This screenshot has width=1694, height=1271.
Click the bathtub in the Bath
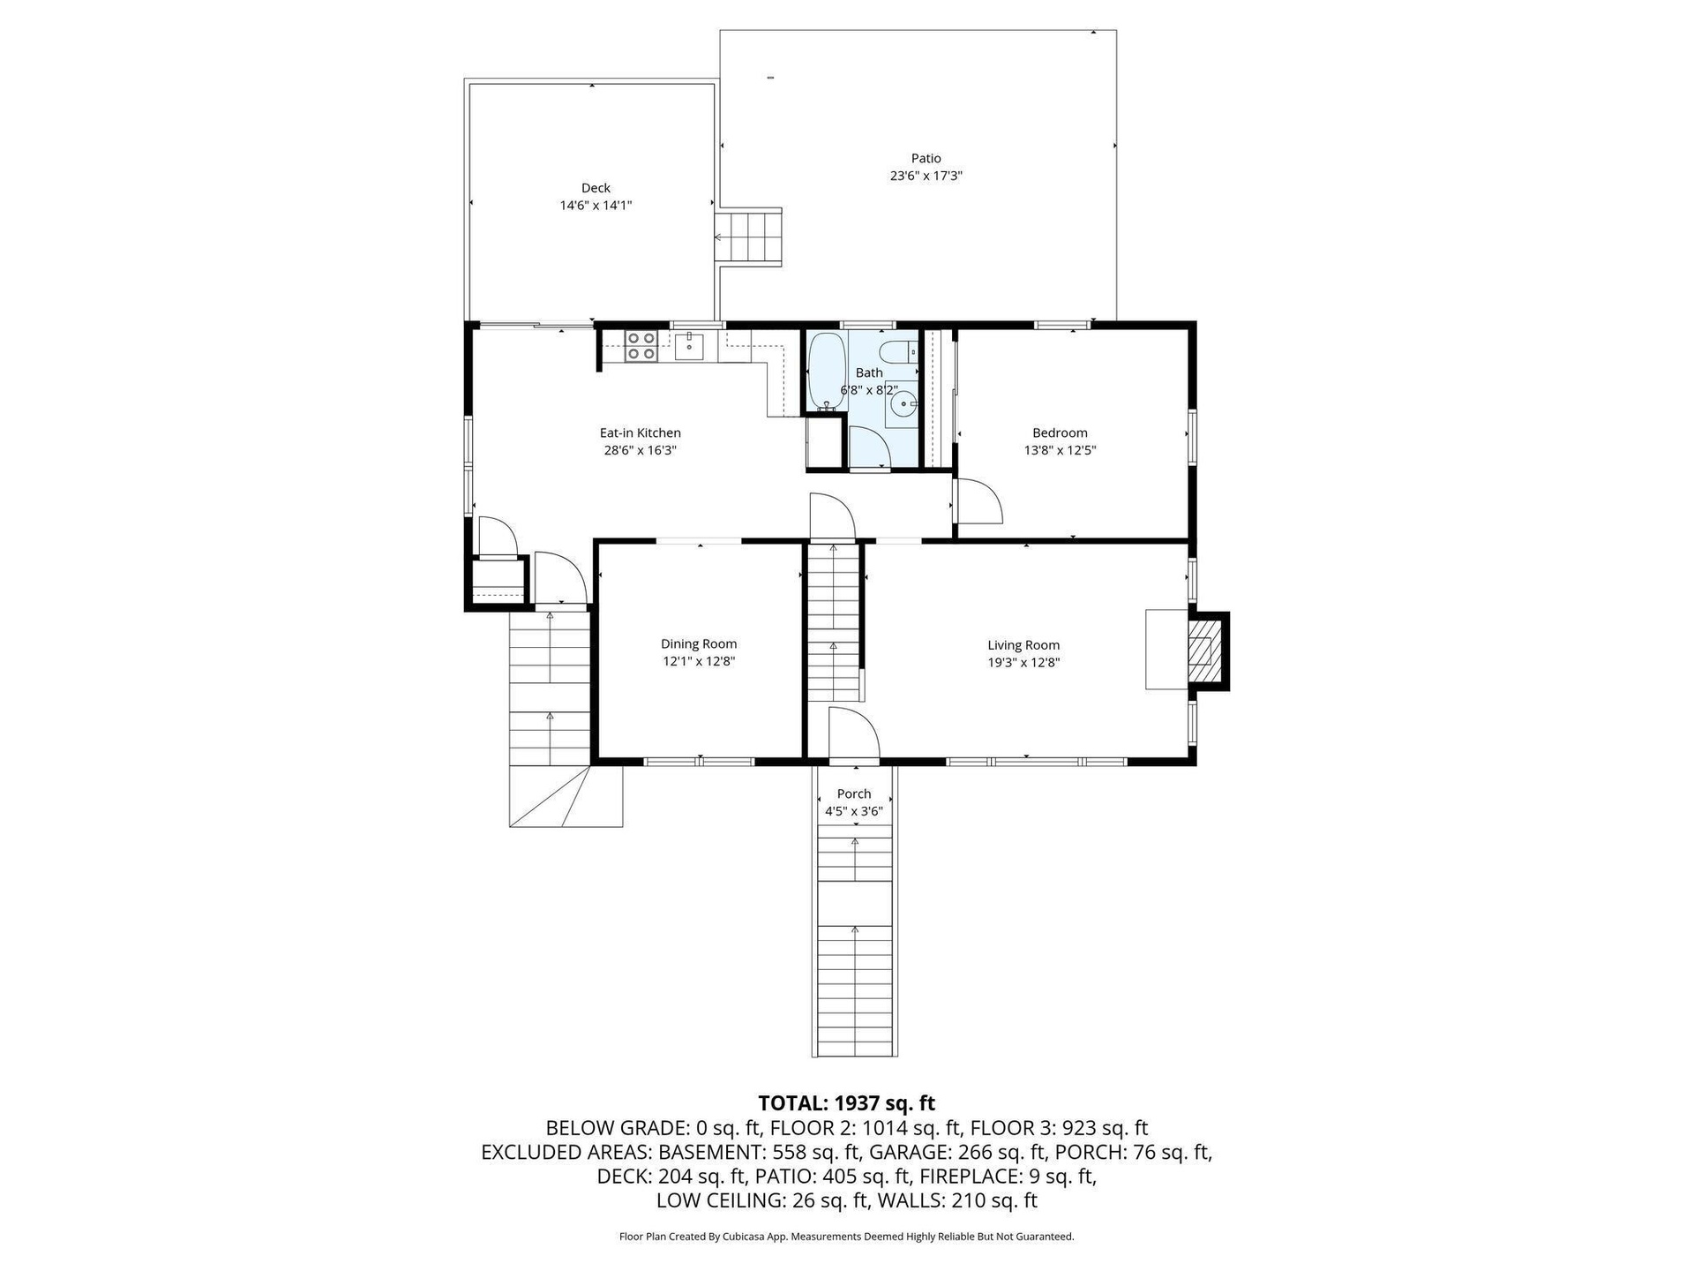[x=827, y=372]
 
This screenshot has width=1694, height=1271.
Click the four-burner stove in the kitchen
[x=641, y=345]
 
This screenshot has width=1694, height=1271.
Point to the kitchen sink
[x=689, y=346]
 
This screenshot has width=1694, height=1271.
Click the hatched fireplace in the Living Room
[x=1205, y=651]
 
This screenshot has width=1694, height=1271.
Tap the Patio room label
[x=926, y=158]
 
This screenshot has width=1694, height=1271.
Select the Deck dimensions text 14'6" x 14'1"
[x=596, y=206]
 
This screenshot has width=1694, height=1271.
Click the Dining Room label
[x=699, y=644]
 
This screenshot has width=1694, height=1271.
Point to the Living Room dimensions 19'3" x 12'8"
[x=1023, y=662]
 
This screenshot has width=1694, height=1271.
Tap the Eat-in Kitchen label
[x=640, y=432]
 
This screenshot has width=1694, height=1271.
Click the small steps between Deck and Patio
[x=748, y=237]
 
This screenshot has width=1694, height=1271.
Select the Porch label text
[x=854, y=793]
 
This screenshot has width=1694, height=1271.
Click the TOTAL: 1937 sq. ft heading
[x=847, y=1103]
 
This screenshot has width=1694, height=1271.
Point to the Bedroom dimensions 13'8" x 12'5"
[x=1060, y=450]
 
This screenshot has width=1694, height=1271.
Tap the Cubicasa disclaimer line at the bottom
[x=847, y=1237]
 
